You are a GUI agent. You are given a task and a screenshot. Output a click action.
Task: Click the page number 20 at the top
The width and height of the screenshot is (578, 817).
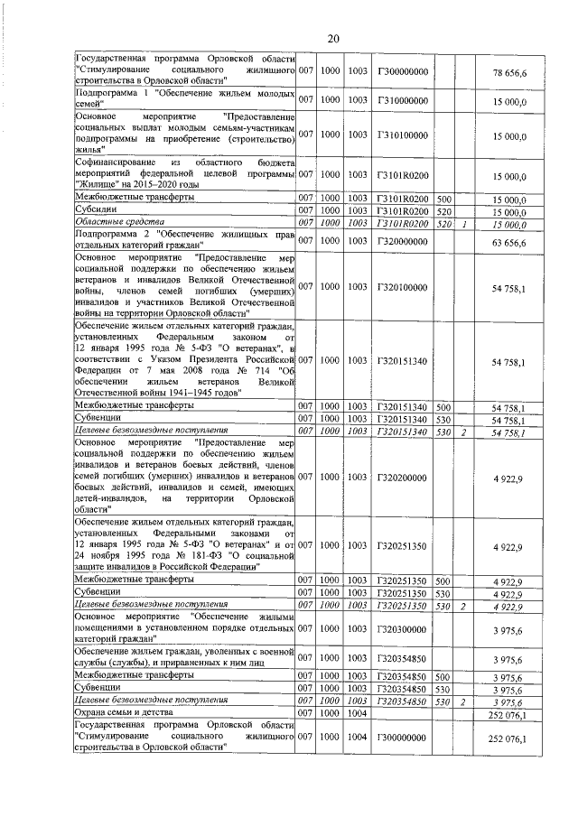[x=332, y=38]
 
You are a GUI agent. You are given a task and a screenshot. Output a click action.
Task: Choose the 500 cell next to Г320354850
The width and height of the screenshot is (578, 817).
[x=443, y=674]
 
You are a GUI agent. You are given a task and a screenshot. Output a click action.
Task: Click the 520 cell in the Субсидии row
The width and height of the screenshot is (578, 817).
[x=443, y=210]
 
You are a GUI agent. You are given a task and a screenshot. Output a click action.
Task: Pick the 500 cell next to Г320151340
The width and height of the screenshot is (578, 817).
[x=443, y=406]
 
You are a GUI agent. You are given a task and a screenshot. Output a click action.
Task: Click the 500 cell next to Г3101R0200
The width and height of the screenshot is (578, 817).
[x=443, y=198]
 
